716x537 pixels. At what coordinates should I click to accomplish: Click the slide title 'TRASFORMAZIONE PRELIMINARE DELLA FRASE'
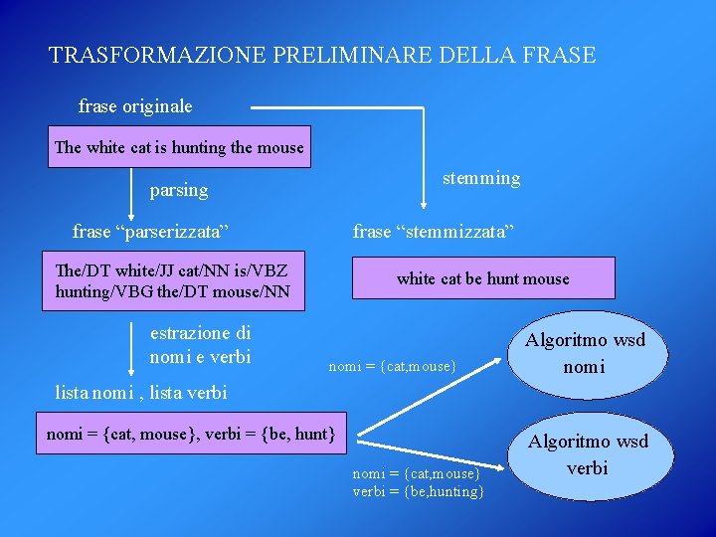pos(322,55)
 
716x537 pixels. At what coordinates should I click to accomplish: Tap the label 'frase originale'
pos(135,105)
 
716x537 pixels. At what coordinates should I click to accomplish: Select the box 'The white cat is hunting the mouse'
pos(179,147)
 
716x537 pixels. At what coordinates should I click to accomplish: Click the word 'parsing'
pos(179,190)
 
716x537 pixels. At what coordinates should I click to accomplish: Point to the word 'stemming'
pos(481,178)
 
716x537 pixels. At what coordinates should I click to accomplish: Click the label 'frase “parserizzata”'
pos(151,232)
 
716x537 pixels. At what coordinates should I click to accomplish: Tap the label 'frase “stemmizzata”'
pos(434,232)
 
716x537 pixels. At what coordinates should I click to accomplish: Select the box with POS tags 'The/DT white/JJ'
pos(173,279)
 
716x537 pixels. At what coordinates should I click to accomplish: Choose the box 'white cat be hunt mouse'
pos(483,278)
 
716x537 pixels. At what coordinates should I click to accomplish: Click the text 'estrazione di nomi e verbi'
pos(200,345)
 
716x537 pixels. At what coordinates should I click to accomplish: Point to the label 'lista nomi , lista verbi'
pos(141,392)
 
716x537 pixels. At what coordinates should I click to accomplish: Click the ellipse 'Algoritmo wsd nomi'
pos(586,353)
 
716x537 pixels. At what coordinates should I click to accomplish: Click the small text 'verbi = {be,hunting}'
pos(419,491)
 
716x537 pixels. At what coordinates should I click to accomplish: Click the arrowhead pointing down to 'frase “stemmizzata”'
pos(424,204)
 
